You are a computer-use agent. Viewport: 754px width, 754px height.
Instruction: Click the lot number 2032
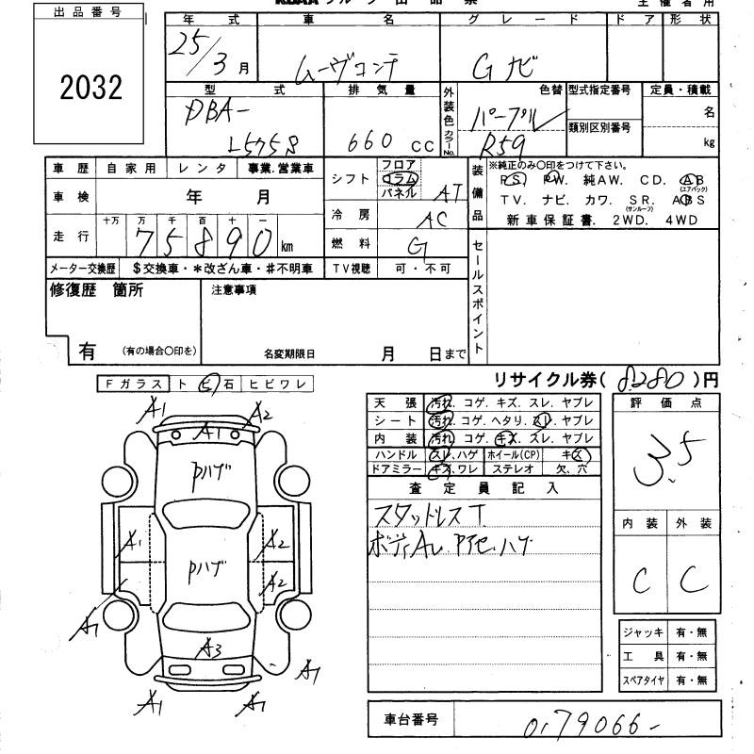click(x=91, y=88)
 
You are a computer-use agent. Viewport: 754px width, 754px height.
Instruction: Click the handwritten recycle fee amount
click(x=650, y=381)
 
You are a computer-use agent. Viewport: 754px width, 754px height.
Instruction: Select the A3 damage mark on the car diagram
click(x=210, y=648)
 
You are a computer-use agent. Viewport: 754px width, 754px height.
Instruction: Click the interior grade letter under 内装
click(x=642, y=581)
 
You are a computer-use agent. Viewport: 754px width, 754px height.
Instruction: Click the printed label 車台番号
click(x=411, y=720)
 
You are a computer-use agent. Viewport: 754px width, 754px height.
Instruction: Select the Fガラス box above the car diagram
click(x=132, y=384)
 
